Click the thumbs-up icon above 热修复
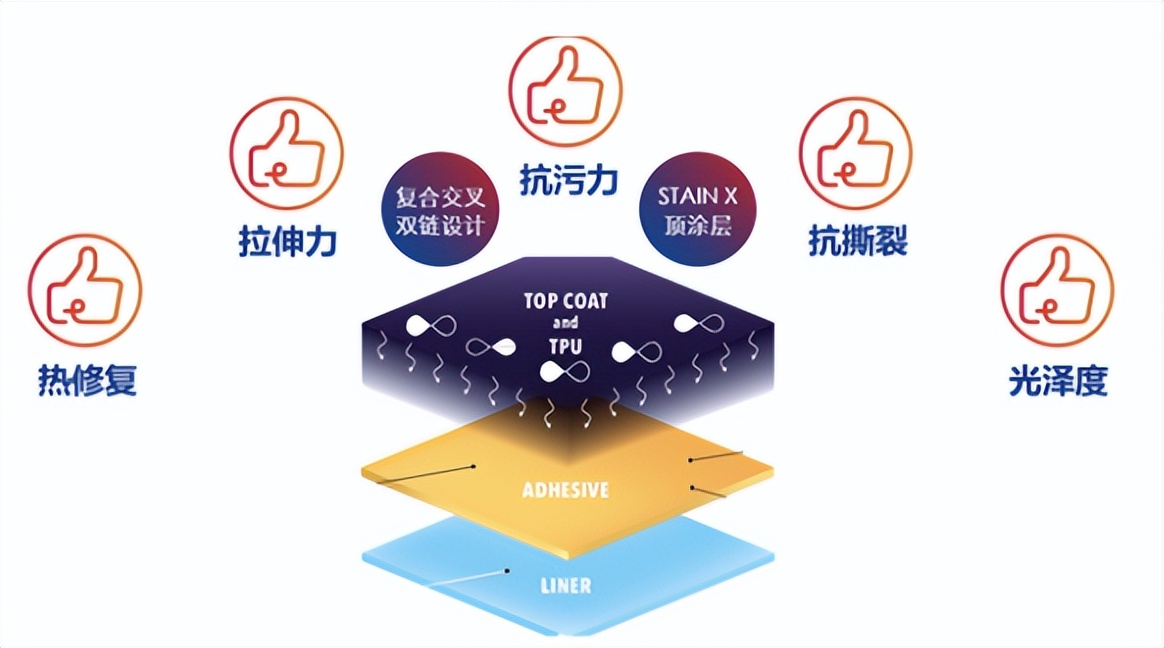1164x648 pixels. coord(85,291)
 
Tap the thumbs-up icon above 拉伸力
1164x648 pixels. coord(287,153)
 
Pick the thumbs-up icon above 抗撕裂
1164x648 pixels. coord(856,153)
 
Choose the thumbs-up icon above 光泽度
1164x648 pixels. coord(1057,291)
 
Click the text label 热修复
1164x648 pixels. coord(87,381)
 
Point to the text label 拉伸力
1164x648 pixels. coord(287,242)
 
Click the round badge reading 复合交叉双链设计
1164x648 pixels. coord(433,209)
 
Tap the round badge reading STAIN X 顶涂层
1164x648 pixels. coord(697,209)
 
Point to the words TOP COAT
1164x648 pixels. coord(566,300)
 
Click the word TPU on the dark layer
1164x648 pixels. coord(566,346)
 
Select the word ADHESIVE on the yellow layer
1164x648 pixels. coord(566,490)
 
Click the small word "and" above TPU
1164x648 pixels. coord(566,323)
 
